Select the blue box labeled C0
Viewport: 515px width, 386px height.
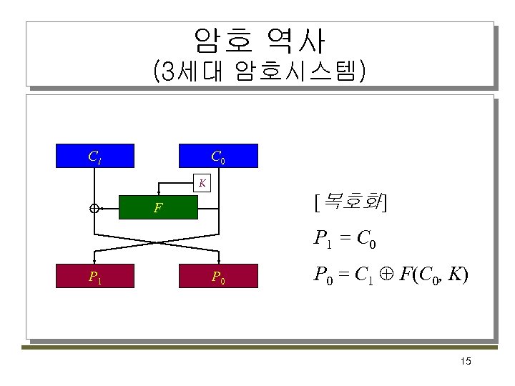click(217, 156)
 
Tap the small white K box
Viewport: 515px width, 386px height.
click(203, 182)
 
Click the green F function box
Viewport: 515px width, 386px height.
click(158, 209)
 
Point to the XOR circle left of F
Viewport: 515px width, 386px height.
click(94, 209)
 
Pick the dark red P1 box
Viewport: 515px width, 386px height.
click(94, 276)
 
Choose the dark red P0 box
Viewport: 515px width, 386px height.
click(217, 276)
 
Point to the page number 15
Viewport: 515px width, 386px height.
click(466, 362)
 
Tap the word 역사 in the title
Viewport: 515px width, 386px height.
click(296, 41)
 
